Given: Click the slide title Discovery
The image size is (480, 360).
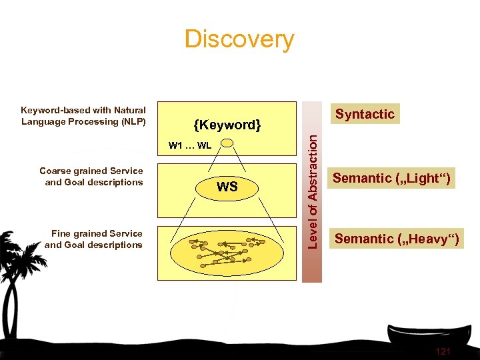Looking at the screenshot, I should [239, 39].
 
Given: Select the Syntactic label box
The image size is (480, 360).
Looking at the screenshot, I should [365, 114].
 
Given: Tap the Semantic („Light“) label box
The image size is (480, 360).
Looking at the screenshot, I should [391, 178].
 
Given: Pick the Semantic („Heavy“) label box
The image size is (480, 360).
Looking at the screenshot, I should [396, 239].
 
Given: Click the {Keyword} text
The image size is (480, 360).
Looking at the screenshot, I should [227, 125].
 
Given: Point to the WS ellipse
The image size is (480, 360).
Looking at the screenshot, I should [227, 187].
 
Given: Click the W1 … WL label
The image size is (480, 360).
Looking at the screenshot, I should [190, 145].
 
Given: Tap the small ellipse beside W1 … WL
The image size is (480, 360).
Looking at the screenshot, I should [227, 143].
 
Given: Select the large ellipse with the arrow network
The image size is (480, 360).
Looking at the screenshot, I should [227, 251].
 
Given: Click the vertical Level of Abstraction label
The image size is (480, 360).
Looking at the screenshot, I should [312, 191].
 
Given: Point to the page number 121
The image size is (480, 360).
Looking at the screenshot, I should [443, 351].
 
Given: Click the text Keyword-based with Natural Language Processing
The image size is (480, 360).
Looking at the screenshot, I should [83, 115].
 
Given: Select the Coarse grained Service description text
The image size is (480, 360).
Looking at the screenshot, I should [92, 177].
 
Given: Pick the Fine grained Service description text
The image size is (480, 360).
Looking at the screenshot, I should [95, 239].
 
